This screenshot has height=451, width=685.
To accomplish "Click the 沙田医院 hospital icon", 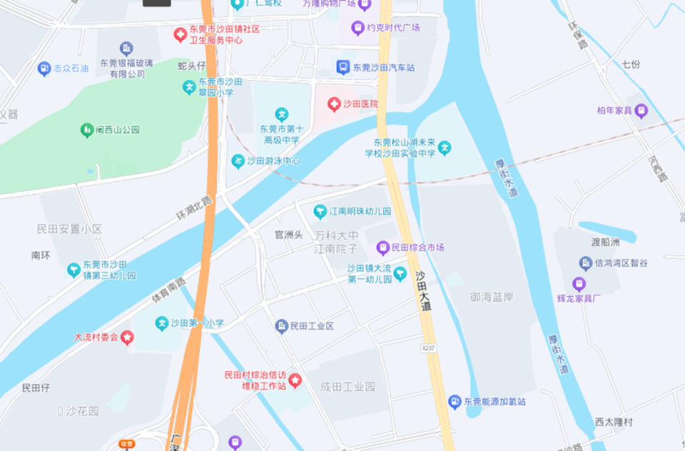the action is [x=333, y=104].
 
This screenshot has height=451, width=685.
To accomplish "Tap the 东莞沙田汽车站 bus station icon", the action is [x=343, y=67].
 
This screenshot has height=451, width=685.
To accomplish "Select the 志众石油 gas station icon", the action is [x=44, y=69].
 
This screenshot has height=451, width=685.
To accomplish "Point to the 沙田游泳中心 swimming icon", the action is [x=238, y=161].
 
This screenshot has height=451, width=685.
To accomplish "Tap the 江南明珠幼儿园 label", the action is [x=360, y=212].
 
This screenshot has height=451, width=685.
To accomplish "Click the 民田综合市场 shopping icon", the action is [x=383, y=248].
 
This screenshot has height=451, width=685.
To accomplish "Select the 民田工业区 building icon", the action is [x=282, y=326].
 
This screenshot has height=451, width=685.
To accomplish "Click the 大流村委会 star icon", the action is [x=127, y=337].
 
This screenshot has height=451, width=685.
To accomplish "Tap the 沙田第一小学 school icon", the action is [x=162, y=323].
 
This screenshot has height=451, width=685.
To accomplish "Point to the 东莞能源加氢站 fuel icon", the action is [x=455, y=402].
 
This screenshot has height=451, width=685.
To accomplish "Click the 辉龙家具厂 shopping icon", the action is [x=579, y=284].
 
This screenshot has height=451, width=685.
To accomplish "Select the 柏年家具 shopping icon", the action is [x=641, y=111].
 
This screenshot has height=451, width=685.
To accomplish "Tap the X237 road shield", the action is [x=428, y=348].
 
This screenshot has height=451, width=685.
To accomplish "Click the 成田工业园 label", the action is [x=347, y=387].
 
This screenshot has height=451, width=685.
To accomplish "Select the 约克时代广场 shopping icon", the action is [x=357, y=29].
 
